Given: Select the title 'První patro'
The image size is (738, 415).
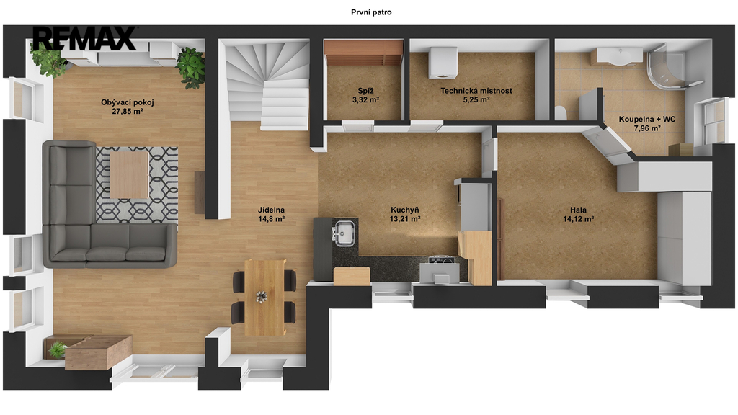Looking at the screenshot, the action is click(371, 12).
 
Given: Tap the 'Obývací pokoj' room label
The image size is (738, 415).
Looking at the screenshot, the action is click(128, 102).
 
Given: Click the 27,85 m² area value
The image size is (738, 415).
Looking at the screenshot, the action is click(128, 112).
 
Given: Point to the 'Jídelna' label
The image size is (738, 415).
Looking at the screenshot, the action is click(271, 210).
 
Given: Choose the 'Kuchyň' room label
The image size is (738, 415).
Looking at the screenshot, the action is click(405, 210).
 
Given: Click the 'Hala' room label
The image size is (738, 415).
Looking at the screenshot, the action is click(579, 210).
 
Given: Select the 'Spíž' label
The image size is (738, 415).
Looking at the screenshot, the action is click(365, 91).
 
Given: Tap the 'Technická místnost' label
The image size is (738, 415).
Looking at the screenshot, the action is click(476, 91).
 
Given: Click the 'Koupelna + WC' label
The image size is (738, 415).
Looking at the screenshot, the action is click(647, 119).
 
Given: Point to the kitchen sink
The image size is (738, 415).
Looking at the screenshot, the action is click(344, 233).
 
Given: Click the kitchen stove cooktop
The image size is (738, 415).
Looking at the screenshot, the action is click(441, 259).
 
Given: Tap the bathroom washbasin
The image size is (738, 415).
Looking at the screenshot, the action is click(618, 56).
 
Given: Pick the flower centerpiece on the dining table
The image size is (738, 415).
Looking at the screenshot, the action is click(262, 297).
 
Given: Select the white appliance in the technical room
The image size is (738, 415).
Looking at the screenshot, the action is click(443, 63).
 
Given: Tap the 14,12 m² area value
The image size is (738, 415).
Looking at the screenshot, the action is click(579, 219).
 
